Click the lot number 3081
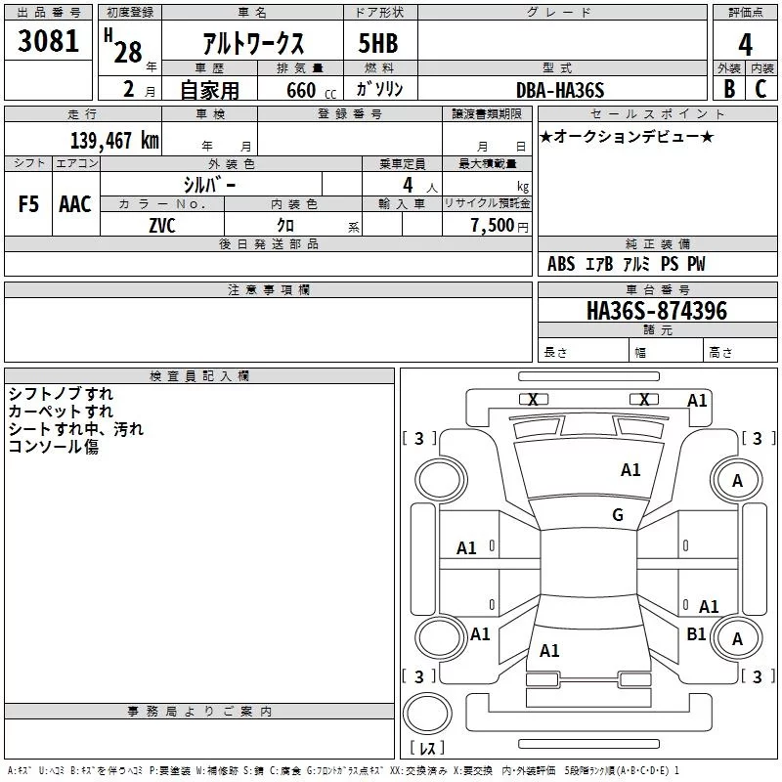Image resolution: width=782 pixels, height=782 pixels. [48, 41]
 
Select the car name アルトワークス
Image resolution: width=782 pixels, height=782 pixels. [253, 43]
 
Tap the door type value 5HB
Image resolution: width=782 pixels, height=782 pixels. [378, 43]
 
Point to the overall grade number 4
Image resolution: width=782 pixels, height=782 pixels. [745, 45]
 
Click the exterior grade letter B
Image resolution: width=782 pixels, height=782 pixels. [729, 89]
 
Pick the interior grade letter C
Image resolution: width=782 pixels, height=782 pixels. [760, 89]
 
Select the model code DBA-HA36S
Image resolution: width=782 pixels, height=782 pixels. [560, 90]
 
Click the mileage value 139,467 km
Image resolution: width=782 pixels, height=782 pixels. [114, 140]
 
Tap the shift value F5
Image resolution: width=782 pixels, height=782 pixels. [28, 204]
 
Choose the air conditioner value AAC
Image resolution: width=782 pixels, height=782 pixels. [75, 204]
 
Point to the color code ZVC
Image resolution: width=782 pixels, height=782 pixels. [162, 226]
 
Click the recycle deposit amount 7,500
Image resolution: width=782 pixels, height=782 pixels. [493, 225]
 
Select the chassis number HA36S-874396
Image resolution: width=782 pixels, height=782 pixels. [657, 311]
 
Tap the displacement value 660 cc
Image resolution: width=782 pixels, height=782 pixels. [312, 90]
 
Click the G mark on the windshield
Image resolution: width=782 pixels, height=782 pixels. [618, 514]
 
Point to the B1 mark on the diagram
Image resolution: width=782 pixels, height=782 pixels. [696, 633]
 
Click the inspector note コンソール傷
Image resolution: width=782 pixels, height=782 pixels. [54, 446]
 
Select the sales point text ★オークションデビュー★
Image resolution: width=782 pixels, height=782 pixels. [627, 136]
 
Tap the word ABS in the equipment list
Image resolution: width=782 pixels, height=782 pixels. [561, 263]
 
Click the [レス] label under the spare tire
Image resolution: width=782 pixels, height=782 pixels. [427, 747]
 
